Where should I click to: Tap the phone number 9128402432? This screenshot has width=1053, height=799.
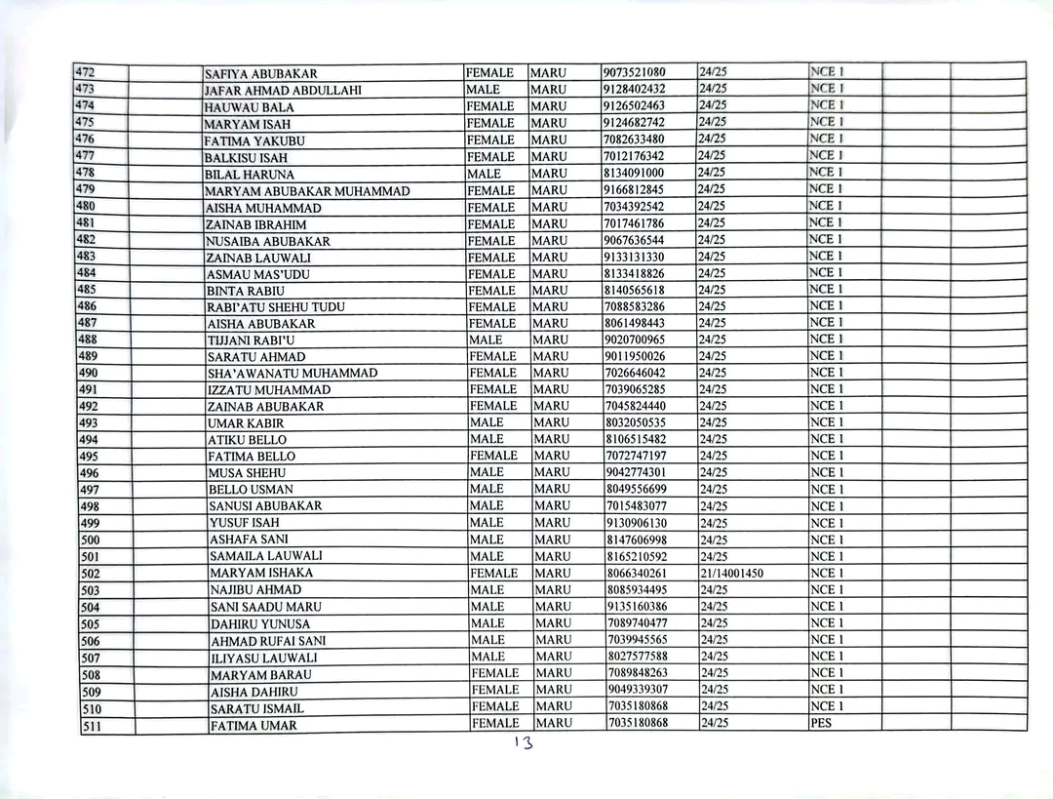point(634,89)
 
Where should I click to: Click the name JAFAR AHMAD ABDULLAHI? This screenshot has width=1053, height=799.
point(283,91)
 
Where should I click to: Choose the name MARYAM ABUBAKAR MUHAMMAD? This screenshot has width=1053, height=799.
point(307,191)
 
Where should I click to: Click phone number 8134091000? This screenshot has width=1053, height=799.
point(634,173)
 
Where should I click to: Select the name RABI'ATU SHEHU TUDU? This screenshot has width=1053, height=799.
point(276,307)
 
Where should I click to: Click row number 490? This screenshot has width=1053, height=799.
point(89,373)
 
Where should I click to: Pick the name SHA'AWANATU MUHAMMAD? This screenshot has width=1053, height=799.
point(292,374)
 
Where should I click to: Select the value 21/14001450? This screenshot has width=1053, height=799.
point(731,573)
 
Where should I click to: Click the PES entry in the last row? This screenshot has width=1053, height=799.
point(821,723)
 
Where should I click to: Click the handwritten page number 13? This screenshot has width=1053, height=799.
point(525,742)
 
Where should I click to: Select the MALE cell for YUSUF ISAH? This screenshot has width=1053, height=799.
point(487,522)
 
